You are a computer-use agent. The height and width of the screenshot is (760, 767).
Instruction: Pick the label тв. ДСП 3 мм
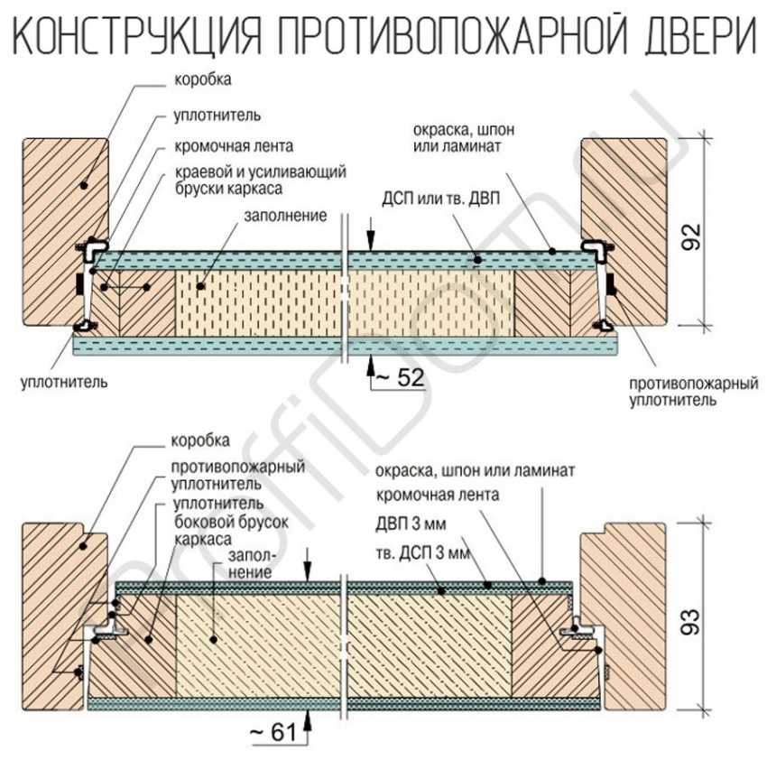422,551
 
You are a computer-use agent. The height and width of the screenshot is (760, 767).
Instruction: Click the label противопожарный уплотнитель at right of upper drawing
692,391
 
